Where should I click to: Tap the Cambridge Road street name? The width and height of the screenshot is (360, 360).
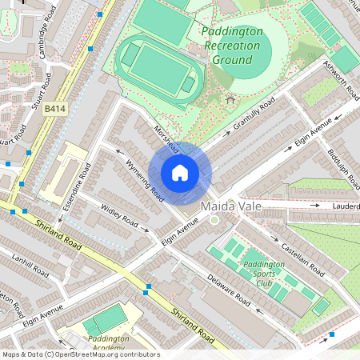pos(42,25)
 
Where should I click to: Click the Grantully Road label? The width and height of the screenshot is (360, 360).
pos(254,115)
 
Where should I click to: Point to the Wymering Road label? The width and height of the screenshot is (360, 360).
pos(145,180)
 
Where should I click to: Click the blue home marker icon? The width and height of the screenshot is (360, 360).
pos(180,172)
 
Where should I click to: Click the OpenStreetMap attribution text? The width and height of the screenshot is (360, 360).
pos(80,354)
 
